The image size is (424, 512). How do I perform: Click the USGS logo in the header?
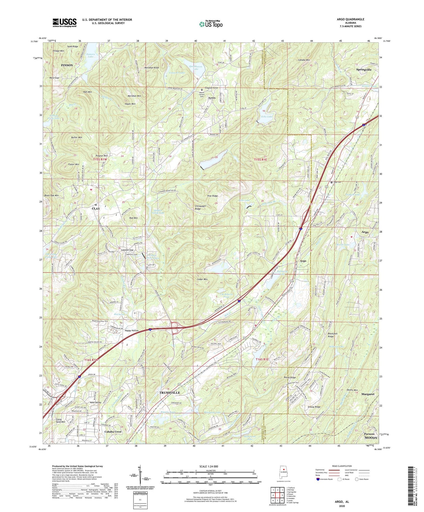[x=65, y=23]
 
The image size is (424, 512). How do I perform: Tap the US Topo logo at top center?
[x=211, y=24]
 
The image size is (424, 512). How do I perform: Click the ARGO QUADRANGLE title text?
[x=350, y=19]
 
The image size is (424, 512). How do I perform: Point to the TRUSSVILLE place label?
[x=170, y=392]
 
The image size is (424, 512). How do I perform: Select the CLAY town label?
[x=96, y=208]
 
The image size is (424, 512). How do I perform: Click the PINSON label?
[x=67, y=65]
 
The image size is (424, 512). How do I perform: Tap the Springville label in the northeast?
[x=364, y=70]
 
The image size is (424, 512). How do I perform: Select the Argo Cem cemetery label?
[x=338, y=182]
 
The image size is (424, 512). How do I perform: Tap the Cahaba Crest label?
[x=113, y=432]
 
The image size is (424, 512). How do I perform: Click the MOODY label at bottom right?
[x=371, y=438]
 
